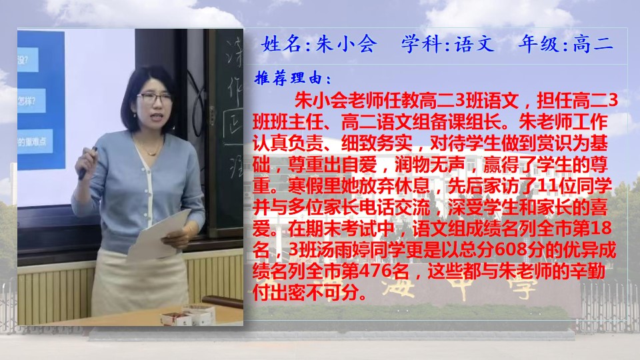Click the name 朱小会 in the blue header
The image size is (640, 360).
coord(346,44)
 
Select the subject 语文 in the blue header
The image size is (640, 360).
coord(474,44)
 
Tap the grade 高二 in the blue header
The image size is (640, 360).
coord(593,44)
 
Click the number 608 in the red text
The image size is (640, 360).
coord(507,249)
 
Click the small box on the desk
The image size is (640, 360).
coord(175,318)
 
